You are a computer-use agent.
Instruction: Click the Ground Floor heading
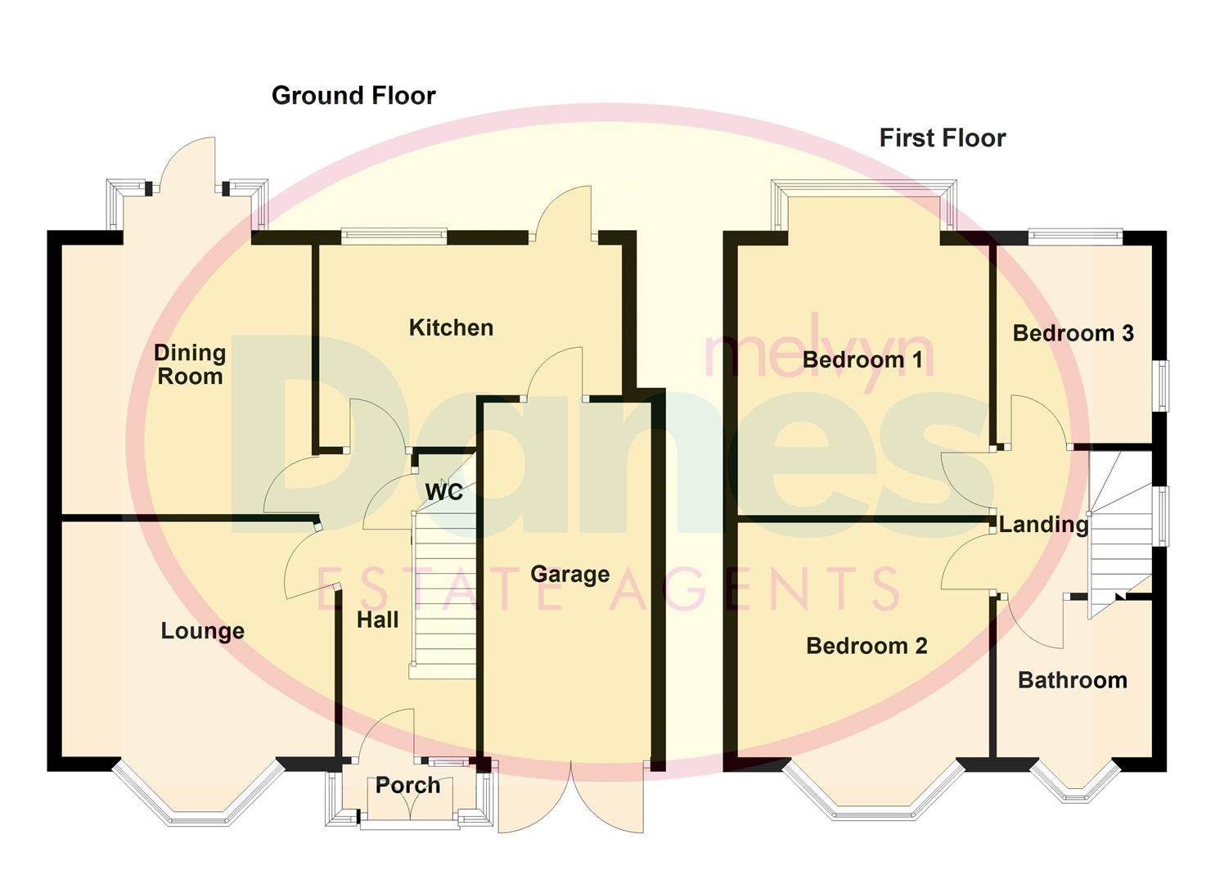coord(353,96)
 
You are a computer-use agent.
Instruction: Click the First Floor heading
coord(942,138)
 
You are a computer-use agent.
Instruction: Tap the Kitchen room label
coord(451,328)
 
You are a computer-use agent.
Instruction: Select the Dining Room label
coord(190,365)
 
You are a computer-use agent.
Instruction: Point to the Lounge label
coord(202,631)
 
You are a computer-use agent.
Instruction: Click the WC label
coord(443,492)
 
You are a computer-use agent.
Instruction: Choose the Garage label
coord(569,575)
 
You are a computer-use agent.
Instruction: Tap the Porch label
coord(407,786)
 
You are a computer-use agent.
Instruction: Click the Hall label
coord(377,620)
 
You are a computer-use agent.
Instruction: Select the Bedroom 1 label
coord(862,359)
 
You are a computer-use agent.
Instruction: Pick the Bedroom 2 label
coord(866,646)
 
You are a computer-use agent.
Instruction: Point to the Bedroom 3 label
coord(1073,333)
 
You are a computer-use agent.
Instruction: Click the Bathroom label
coord(1072,680)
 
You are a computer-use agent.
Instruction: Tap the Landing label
coord(1043,525)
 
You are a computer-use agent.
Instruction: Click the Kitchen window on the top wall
coord(394,237)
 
